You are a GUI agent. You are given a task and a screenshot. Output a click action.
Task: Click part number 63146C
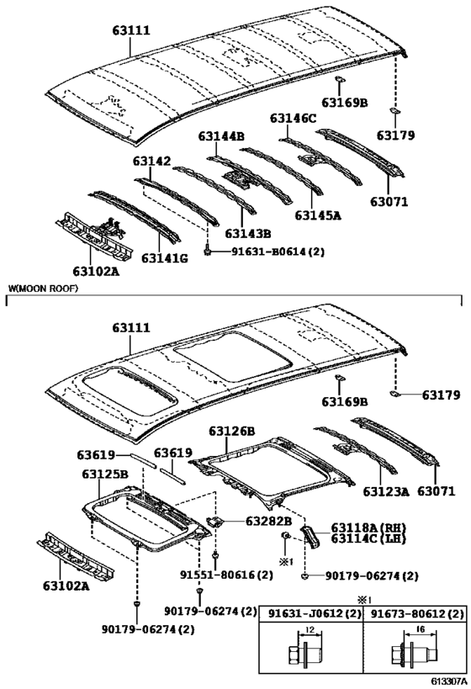coord(294,119)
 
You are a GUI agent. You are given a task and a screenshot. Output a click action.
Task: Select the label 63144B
coord(221,135)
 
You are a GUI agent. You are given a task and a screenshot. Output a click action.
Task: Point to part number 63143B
coord(249,233)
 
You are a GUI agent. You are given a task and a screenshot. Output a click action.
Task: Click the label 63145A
coord(318,215)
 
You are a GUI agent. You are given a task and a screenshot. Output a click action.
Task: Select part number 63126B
coord(232,431)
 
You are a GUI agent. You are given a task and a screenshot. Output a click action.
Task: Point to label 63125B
coord(105,474)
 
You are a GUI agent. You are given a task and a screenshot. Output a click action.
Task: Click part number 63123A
coord(386,490)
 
